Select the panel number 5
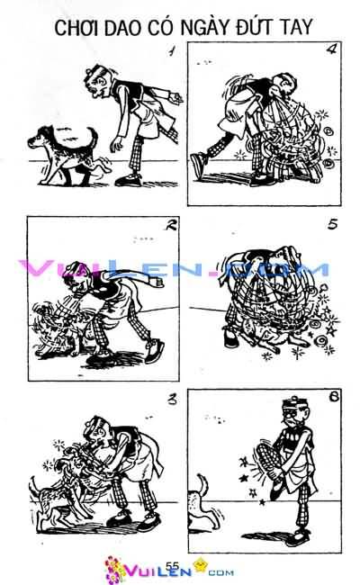point(331,225)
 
